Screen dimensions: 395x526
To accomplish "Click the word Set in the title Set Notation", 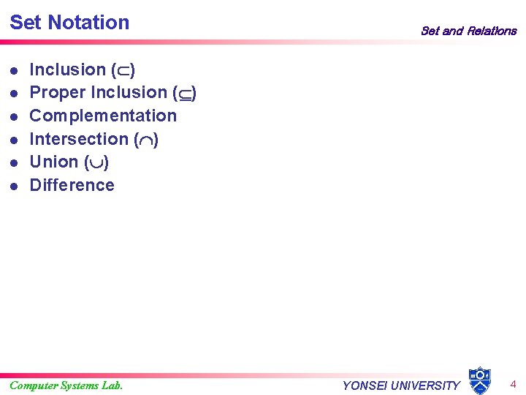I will pos(26,23).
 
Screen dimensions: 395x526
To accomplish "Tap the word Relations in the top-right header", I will pos(492,31).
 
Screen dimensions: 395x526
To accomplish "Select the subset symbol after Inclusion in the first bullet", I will pos(122,70).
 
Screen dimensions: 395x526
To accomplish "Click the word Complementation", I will pos(103,116).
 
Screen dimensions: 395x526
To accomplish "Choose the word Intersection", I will pos(78,139).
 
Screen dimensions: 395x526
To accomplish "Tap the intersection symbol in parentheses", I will pos(146,140).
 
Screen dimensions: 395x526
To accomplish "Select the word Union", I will pos(54,162).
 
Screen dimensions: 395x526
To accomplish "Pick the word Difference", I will pos(72,185).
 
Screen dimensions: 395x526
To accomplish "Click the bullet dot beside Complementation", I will pos(14,116).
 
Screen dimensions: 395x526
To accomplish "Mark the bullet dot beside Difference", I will pos(14,186).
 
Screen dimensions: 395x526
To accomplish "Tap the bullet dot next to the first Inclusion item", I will pos(14,71).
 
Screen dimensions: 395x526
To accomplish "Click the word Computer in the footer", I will pos(34,385).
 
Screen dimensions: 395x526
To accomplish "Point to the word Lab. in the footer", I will pos(111,385).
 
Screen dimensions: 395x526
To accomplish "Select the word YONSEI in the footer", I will pos(365,385).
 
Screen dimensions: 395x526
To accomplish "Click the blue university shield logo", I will pos(479,380).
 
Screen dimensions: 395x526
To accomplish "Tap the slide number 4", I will pos(513,384).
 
